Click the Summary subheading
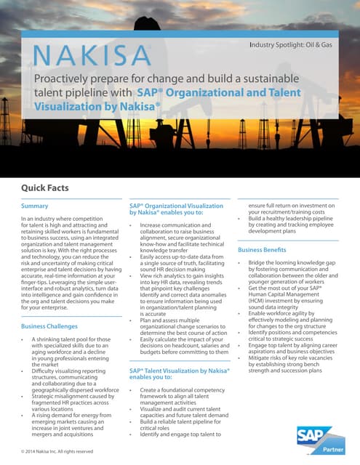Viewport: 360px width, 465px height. tap(35, 206)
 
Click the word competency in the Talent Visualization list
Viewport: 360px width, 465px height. tap(203, 390)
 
